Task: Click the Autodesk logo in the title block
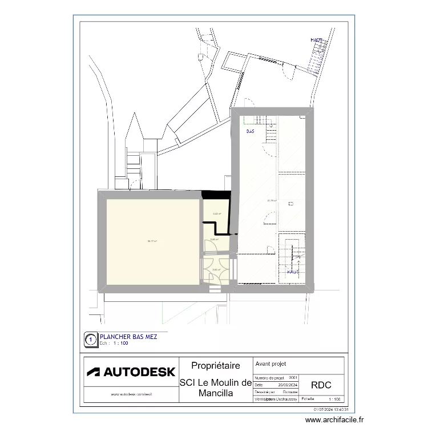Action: [x=131, y=372]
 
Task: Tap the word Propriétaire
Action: [x=215, y=366]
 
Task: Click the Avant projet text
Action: [x=271, y=364]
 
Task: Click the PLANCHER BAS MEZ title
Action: [x=128, y=337]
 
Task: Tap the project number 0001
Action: [x=293, y=378]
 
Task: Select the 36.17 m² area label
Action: [x=152, y=241]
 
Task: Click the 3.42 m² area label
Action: [x=217, y=215]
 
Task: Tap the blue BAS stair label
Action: [x=250, y=132]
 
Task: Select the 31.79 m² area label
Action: [x=272, y=200]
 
